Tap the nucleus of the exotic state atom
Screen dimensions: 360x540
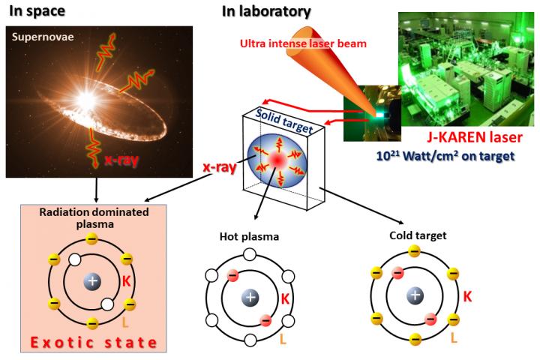pos(93,282)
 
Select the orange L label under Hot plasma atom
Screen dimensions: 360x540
pos(283,339)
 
